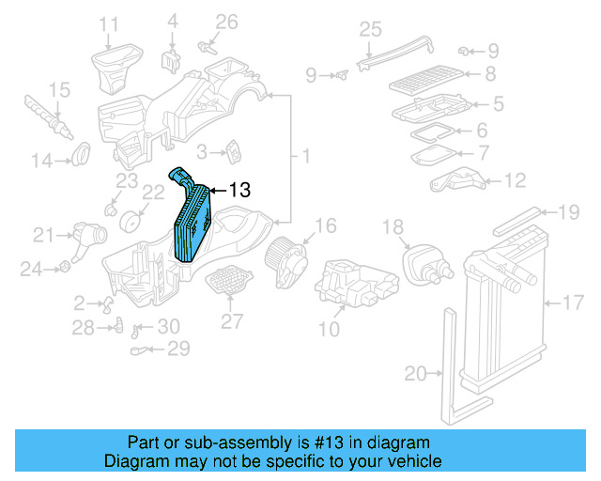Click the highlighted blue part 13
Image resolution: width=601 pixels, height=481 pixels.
point(193,222)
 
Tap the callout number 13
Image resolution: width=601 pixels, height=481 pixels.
point(239,190)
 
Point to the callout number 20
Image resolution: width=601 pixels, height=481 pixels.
point(416,374)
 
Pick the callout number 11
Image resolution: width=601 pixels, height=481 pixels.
point(110,23)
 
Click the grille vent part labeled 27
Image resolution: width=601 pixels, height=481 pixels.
point(227,280)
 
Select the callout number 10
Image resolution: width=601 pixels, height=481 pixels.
point(329,329)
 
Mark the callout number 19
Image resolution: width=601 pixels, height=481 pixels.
point(570,213)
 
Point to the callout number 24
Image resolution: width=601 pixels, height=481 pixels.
point(33,270)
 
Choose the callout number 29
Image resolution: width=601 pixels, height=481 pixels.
point(177,349)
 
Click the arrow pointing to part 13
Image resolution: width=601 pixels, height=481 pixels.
point(217,190)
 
